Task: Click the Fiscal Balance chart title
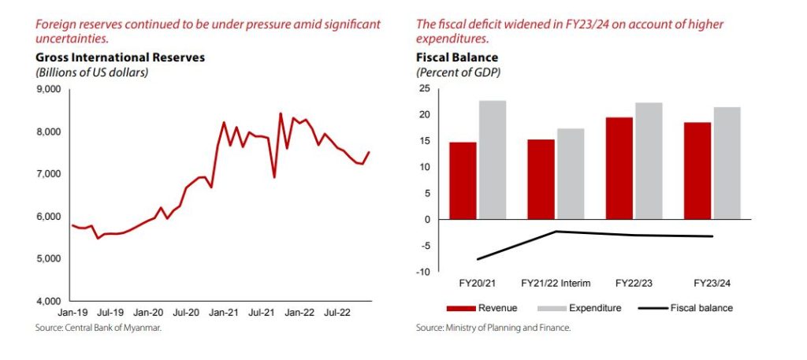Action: [x=457, y=58]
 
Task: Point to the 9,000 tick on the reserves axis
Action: [x=50, y=89]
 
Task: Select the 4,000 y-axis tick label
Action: [x=50, y=301]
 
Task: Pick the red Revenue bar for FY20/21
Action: [x=463, y=180]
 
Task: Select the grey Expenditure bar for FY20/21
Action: [x=493, y=160]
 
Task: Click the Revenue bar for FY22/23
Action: [x=619, y=168]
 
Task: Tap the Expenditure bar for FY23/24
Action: [x=727, y=163]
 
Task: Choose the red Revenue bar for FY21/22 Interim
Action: [x=541, y=179]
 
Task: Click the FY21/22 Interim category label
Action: [x=556, y=282]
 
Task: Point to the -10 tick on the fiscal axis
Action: [x=424, y=272]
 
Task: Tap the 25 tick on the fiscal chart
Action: [x=425, y=89]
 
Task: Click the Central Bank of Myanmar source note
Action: [x=98, y=328]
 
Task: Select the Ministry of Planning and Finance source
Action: [x=493, y=328]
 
